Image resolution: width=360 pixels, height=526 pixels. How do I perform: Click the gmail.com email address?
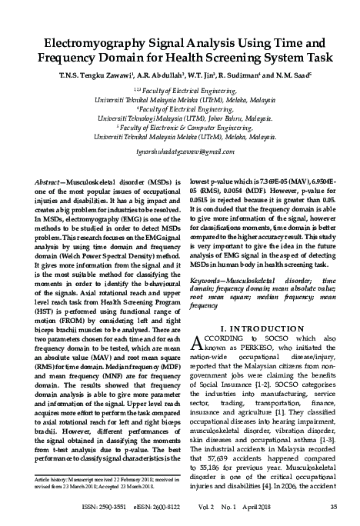178,151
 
